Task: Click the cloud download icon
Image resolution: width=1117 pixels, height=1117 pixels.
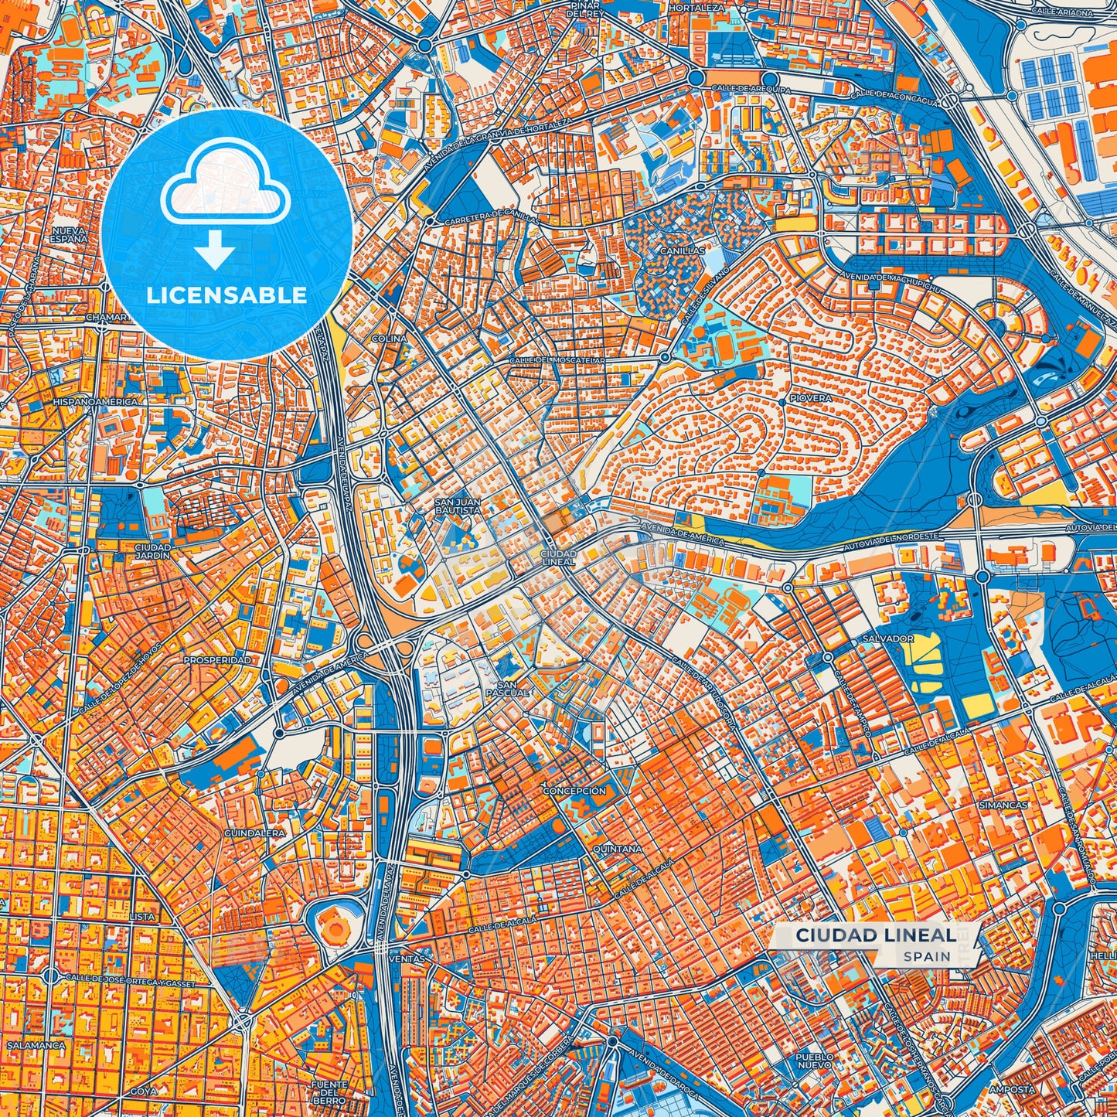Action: tap(225, 203)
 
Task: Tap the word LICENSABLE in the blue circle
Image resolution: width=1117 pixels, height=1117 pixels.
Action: tap(226, 295)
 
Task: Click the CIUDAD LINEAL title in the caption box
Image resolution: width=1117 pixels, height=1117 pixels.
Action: tap(875, 935)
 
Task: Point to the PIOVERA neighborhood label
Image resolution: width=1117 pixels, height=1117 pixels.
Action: tap(810, 399)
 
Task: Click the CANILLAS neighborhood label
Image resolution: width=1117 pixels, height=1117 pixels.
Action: tap(683, 251)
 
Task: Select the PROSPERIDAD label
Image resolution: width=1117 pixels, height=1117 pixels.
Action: tap(216, 661)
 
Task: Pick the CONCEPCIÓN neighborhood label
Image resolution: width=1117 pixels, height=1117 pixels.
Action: tap(574, 792)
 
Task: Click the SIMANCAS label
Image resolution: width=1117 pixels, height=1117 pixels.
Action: tap(1003, 805)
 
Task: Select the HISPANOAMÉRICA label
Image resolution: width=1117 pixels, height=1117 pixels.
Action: tap(95, 402)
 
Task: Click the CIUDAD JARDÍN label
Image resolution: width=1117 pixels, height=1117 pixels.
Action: tap(147, 551)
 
